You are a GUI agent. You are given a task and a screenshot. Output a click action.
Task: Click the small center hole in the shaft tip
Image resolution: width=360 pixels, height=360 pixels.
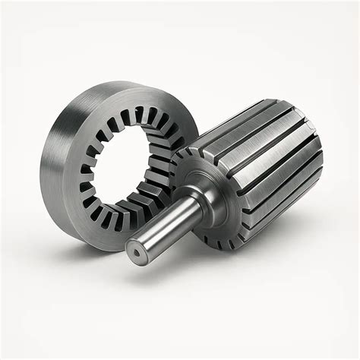[134, 251]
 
